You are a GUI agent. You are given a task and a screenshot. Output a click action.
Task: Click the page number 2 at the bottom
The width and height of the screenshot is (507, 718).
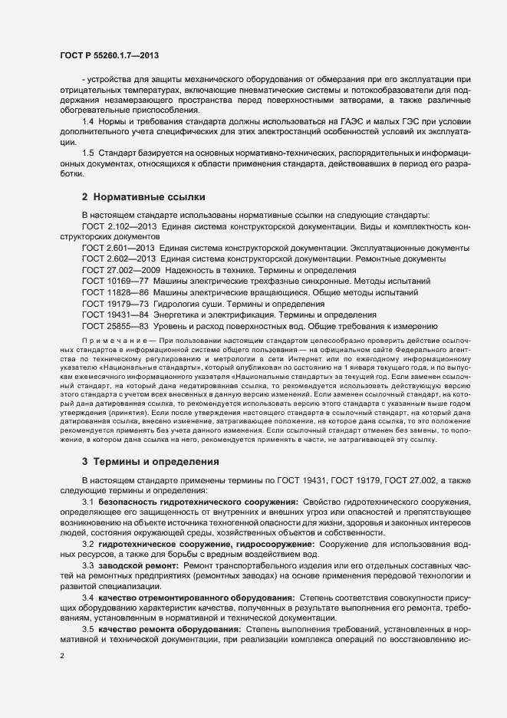(62, 656)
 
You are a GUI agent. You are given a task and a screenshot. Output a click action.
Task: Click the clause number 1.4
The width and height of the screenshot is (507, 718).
(87, 122)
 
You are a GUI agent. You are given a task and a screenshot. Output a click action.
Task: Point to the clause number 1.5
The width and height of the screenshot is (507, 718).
(87, 154)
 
